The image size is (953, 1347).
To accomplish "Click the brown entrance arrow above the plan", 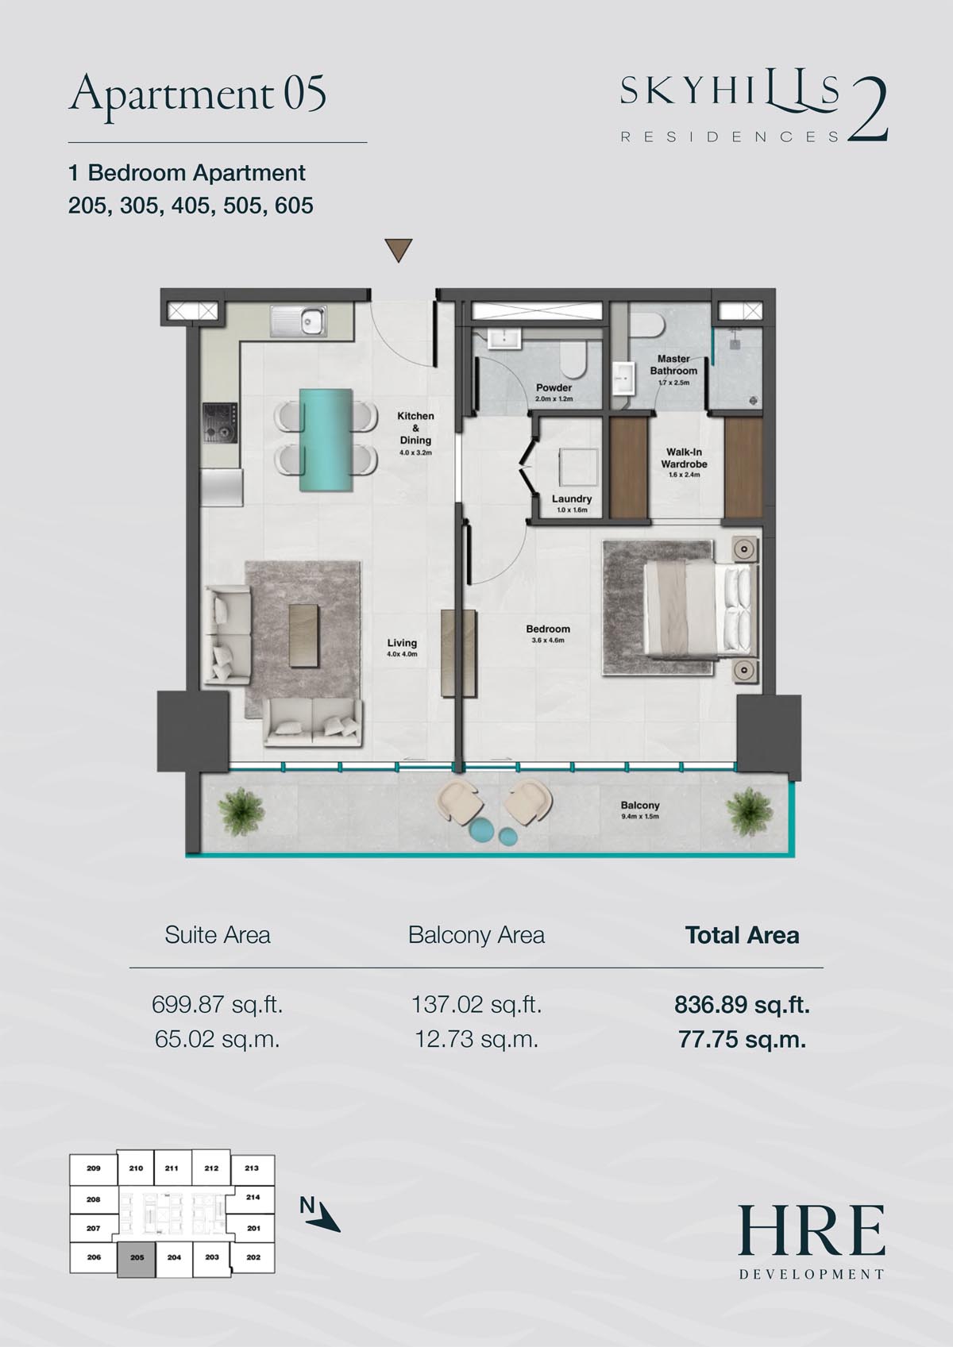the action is [x=399, y=249].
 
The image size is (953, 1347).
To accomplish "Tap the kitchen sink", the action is [x=299, y=321].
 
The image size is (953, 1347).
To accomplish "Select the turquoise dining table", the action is [x=326, y=440].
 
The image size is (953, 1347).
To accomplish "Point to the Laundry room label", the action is [x=572, y=498].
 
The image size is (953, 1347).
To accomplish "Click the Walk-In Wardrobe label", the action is [x=684, y=458].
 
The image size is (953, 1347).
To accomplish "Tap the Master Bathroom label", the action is [x=673, y=364].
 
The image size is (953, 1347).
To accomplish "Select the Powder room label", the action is [x=554, y=388].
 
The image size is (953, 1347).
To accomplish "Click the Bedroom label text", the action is [x=548, y=629].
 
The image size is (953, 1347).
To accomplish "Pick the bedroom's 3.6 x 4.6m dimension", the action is [x=548, y=641].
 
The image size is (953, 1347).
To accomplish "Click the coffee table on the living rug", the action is [x=303, y=636].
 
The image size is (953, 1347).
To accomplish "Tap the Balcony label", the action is [x=640, y=805].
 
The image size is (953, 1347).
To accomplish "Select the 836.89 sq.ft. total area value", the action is [x=742, y=1004].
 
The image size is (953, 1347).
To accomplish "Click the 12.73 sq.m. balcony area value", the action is [x=476, y=1039].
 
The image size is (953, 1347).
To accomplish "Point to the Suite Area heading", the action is [x=217, y=935].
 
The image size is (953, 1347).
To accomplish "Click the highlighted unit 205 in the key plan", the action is [x=137, y=1257].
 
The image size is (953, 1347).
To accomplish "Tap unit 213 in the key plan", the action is [x=252, y=1168].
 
